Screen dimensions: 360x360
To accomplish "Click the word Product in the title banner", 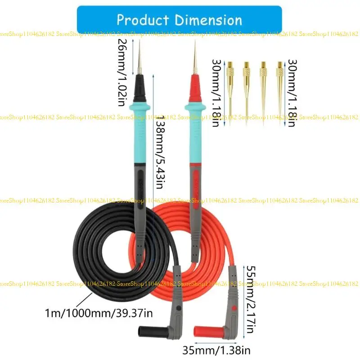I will tap(143, 20).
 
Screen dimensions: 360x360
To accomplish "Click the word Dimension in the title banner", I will tap(209, 20).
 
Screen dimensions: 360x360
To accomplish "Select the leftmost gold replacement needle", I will tap(230, 90).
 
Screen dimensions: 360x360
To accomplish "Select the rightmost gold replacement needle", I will tap(279, 90).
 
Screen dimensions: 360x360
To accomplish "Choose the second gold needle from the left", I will tap(247, 90).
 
